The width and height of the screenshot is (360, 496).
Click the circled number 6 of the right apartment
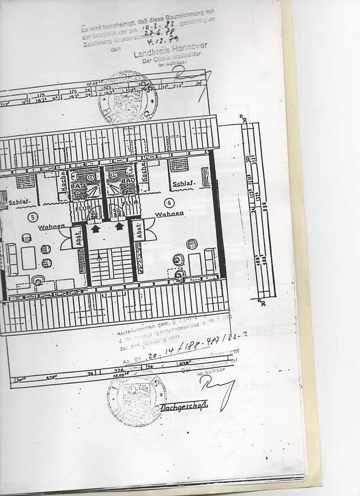tap(169, 203)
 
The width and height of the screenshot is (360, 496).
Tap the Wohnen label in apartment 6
tap(169, 214)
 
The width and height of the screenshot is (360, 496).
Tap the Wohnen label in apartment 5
tap(51, 227)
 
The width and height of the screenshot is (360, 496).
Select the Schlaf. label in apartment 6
tap(184, 184)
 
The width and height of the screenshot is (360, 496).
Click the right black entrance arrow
tap(120, 225)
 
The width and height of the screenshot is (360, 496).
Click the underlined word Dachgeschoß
tap(184, 407)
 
